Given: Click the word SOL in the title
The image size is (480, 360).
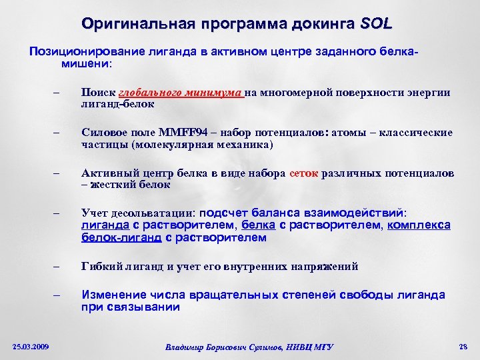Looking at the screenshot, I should pyautogui.click(x=376, y=24).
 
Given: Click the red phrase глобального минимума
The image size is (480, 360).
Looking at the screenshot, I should pyautogui.click(x=181, y=93).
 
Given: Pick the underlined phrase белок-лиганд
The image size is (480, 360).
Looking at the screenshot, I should pyautogui.click(x=121, y=237).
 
